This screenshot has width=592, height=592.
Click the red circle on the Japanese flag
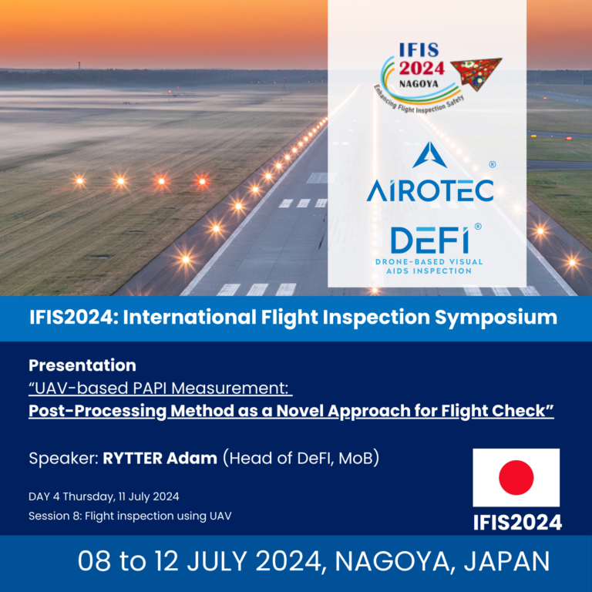coord(516,477)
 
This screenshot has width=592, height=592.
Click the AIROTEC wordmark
coord(430,190)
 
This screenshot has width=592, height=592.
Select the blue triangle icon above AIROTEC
coord(429,155)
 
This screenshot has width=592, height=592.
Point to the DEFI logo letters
coord(429,240)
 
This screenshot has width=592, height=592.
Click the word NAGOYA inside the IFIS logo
coord(419,84)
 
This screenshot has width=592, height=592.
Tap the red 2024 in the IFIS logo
coord(422,69)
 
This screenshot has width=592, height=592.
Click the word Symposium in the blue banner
coord(496,318)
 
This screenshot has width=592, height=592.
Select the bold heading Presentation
coord(82,365)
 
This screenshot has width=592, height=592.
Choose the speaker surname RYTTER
coord(133,459)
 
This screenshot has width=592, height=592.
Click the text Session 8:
coord(55,516)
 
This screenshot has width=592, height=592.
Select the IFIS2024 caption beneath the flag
coord(517,523)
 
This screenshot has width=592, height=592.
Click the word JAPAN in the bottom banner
coord(506,561)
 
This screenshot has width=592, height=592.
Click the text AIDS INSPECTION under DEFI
coord(429,271)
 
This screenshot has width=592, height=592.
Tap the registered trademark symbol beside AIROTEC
coord(493,165)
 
